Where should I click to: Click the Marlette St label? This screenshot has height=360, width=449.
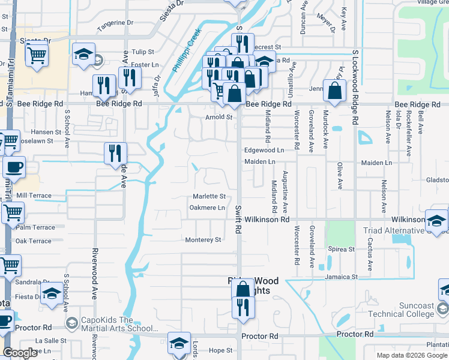pos(209,196)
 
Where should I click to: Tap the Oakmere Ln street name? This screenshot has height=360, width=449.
pos(207,208)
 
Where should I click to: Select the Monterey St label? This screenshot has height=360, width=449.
pos(203,239)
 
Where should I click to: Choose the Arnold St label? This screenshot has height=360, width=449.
pos(219,117)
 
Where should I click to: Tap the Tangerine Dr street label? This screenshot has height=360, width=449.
pos(115,23)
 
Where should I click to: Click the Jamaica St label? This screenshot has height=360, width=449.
pos(342,277)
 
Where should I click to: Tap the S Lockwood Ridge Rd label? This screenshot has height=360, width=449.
pos(355,87)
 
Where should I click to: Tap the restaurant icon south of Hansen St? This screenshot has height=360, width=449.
pos(115,153)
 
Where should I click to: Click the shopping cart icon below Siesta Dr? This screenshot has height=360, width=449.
pos(37,55)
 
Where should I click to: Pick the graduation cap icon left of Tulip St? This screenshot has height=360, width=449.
pos(83,54)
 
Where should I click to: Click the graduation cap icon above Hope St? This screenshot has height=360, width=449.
pos(179,343)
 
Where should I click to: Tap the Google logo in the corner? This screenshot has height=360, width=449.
pos(20,353)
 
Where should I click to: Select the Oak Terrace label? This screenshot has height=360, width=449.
pos(34,241)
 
